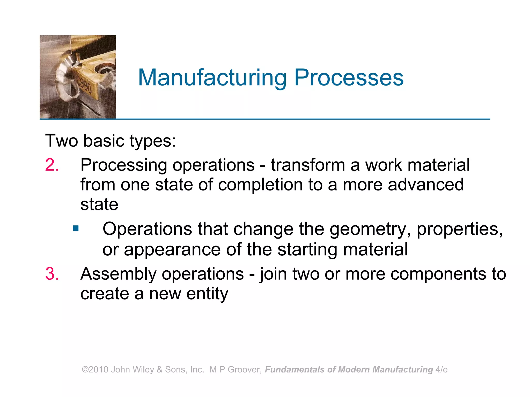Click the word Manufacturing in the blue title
[212, 78]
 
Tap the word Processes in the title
[349, 78]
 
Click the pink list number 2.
[52, 165]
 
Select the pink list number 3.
[52, 274]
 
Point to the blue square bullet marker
[76, 228]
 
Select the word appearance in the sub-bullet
[172, 250]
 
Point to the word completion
[260, 185]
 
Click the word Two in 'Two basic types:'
[62, 141]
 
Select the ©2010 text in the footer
[95, 370]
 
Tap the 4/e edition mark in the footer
[441, 370]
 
